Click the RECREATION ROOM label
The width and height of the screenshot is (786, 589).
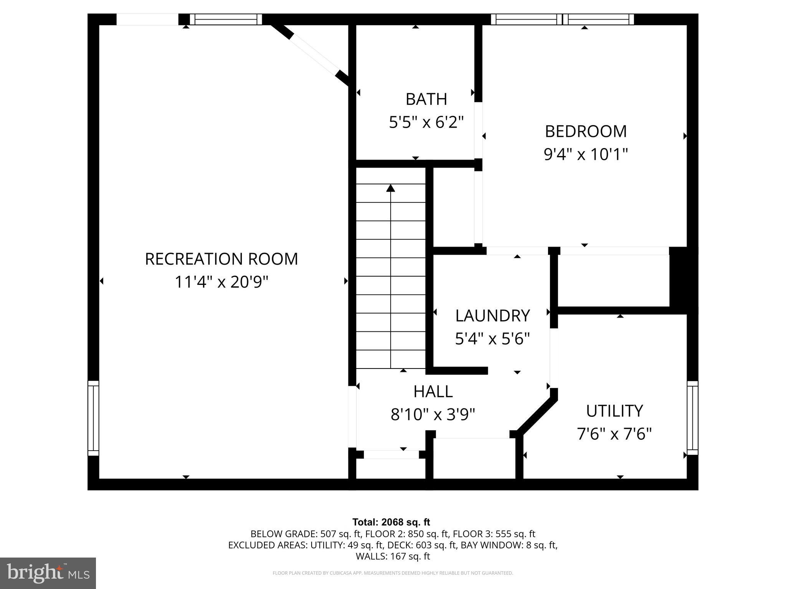221,259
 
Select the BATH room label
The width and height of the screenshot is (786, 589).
426,99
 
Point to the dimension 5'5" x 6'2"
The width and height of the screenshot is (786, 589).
426,123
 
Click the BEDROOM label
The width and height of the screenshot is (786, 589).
586,132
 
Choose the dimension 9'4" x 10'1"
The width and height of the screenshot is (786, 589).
586,155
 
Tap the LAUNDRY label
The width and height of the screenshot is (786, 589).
492,316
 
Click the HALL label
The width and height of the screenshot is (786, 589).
433,392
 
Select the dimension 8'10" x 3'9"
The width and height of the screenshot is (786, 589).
433,415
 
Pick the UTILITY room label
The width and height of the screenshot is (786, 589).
614,411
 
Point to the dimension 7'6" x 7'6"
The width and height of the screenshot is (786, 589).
614,434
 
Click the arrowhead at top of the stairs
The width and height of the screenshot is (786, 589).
391,188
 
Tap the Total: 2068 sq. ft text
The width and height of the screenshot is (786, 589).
391,522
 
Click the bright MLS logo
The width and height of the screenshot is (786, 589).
48,573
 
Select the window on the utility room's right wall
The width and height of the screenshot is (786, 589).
692,418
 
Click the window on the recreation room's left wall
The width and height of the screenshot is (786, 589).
93,418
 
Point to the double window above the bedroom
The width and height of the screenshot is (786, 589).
562,19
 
